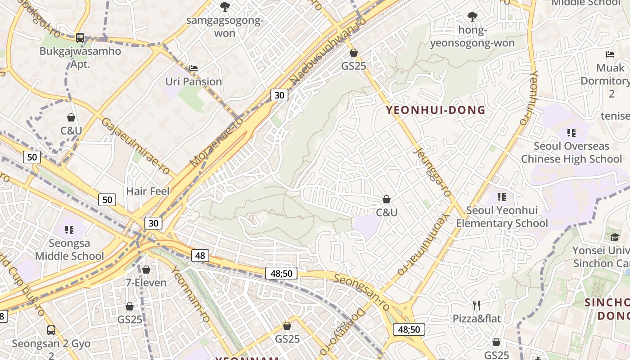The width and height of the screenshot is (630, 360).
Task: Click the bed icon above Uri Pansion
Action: (193, 68)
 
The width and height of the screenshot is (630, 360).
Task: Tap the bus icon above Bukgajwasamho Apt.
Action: (80, 38)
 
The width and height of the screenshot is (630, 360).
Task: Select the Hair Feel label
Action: (148, 191)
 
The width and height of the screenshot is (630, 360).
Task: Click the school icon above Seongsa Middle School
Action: (69, 230)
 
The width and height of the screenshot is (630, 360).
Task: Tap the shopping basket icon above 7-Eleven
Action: (146, 270)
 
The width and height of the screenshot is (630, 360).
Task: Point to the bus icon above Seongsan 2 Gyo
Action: (51, 330)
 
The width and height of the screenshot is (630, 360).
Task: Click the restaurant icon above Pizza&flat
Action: (477, 306)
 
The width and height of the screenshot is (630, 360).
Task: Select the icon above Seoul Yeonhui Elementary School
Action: (502, 197)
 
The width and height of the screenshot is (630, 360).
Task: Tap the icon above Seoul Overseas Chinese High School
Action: (571, 132)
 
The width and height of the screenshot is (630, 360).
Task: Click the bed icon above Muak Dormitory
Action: (610, 54)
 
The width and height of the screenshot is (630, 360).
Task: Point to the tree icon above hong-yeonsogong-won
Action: (472, 17)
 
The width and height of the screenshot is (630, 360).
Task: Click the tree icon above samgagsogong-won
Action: (224, 6)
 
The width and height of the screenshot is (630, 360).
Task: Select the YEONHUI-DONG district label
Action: (436, 110)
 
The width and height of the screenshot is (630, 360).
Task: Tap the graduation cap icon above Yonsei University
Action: (615, 237)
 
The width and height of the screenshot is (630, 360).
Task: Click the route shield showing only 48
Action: (200, 256)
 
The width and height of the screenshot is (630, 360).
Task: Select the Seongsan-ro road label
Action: (362, 292)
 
